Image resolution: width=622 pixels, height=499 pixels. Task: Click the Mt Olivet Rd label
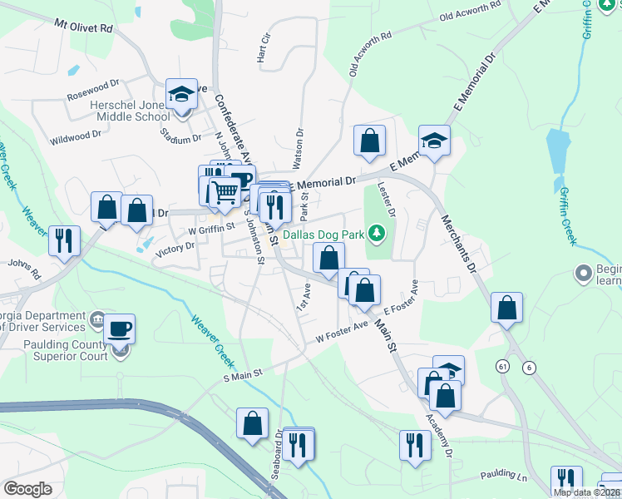83,27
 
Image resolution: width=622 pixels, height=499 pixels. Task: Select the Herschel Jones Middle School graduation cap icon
180,96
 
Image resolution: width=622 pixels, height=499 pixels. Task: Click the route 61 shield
502,366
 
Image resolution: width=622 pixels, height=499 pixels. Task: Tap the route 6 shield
529,367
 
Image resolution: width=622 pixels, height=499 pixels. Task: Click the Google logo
27,489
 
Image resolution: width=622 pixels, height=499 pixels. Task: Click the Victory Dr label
175,247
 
